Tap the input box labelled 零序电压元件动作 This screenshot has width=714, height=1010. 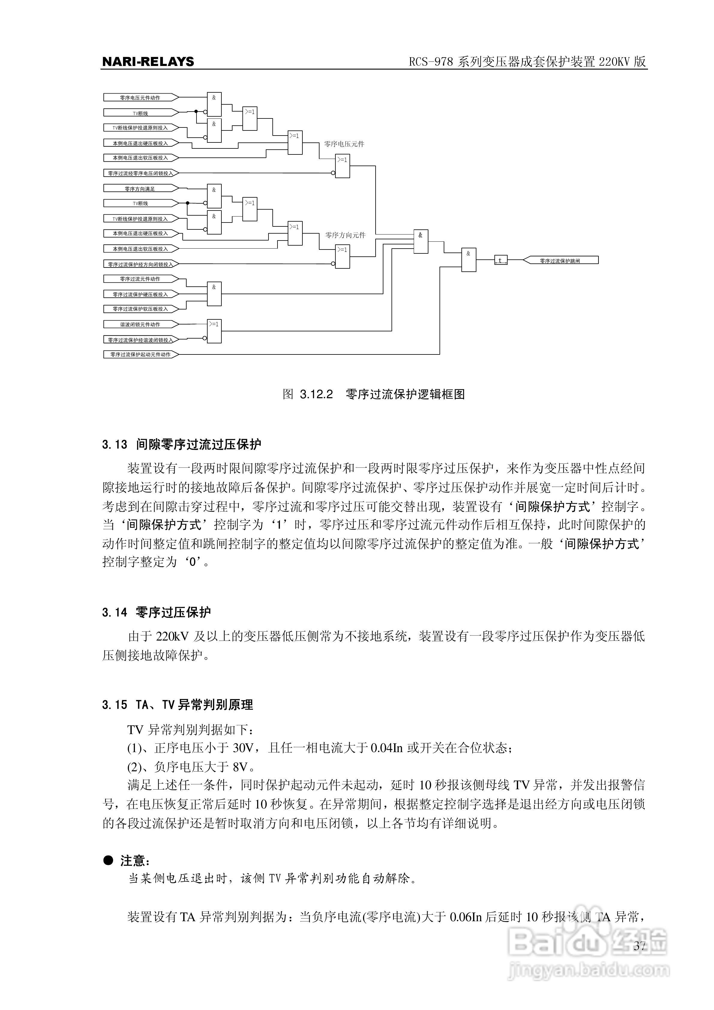(x=140, y=97)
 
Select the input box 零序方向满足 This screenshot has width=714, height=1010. (x=140, y=189)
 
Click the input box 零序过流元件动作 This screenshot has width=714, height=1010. (x=140, y=279)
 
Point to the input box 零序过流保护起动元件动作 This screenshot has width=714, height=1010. (x=140, y=354)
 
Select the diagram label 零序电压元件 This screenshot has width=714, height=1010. (x=344, y=144)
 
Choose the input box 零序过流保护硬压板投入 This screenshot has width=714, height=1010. (x=140, y=294)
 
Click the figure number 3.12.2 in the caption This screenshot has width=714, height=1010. (x=316, y=394)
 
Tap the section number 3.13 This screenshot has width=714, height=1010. (x=115, y=445)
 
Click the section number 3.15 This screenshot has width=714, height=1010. (x=115, y=705)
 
